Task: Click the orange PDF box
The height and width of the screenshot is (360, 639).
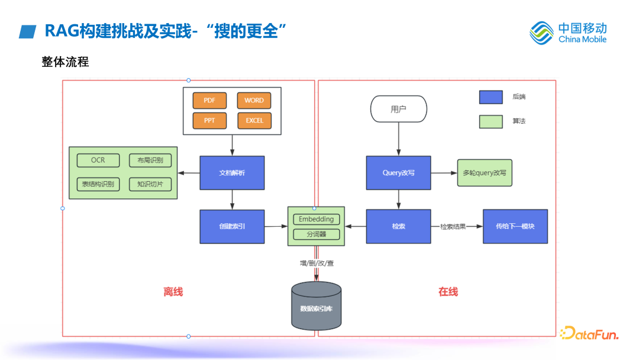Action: click(209, 101)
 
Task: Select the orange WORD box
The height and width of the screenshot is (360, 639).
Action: click(254, 101)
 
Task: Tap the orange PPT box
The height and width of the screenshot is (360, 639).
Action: click(209, 121)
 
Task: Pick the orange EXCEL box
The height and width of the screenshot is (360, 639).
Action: click(254, 121)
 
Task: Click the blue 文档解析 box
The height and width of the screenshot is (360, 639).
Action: click(232, 173)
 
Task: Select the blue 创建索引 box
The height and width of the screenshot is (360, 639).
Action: click(232, 226)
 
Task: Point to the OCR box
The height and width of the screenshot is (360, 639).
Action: click(98, 160)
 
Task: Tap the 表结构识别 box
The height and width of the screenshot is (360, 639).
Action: click(98, 184)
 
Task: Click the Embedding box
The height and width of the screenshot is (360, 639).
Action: click(316, 219)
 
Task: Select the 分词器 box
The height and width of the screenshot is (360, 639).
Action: click(316, 234)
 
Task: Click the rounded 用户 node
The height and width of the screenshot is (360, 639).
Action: click(398, 110)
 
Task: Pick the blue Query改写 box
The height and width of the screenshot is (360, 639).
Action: click(398, 173)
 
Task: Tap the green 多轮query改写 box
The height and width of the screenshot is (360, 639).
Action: click(485, 173)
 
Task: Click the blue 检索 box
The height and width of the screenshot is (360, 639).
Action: click(398, 226)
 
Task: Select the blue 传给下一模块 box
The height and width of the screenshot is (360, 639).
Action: click(515, 226)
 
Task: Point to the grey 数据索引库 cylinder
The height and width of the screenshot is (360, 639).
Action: click(317, 306)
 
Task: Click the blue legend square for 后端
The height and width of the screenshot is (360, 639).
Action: click(490, 97)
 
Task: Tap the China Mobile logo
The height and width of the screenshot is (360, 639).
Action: click(568, 33)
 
